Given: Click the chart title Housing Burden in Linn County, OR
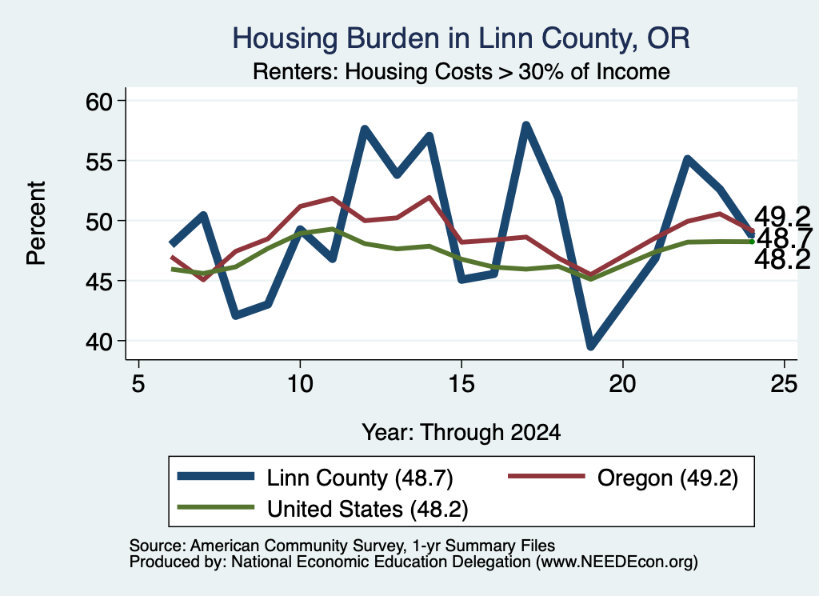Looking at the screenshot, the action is click(461, 38).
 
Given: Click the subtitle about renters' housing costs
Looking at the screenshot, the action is click(461, 71).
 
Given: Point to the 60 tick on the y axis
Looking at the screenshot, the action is click(99, 101).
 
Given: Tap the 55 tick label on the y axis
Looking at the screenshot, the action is click(99, 162).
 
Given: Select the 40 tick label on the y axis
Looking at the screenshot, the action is click(99, 342).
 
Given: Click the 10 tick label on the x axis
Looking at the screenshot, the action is click(300, 384).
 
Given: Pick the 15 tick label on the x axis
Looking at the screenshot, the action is click(461, 384).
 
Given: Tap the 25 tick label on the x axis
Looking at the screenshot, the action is click(784, 384).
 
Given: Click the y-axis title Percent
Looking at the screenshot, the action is click(37, 223).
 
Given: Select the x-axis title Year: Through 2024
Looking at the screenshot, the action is click(461, 433).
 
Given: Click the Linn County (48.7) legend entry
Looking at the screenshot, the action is click(315, 478).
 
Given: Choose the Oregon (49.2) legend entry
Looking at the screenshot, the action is click(623, 478).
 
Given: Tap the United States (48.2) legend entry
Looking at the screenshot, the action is click(323, 508).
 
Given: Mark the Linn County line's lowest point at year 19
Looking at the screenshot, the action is click(591, 345).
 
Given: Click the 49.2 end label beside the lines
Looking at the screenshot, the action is click(782, 216).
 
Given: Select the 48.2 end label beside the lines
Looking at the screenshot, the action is click(782, 259).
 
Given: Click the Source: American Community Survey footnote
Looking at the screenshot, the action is click(342, 546).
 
